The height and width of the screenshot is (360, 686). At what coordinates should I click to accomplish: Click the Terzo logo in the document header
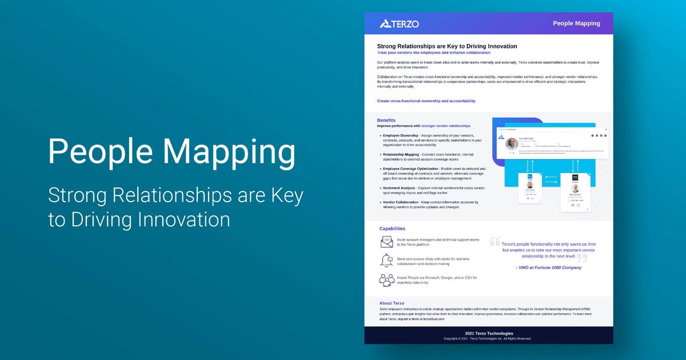tap(399, 23)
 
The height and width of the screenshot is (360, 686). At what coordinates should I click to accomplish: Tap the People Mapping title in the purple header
tap(576, 23)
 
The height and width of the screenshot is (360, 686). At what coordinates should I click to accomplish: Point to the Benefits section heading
tap(386, 120)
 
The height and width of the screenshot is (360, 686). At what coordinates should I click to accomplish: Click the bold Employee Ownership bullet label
tap(401, 135)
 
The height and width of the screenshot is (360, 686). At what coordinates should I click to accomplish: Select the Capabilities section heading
tap(392, 229)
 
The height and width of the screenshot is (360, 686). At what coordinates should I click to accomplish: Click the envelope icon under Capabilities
tap(386, 242)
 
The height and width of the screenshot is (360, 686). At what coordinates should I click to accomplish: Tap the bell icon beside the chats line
tap(386, 261)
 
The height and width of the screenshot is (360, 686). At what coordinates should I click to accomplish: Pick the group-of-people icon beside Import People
tap(386, 279)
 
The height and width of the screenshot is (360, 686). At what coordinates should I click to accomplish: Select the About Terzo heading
tap(392, 303)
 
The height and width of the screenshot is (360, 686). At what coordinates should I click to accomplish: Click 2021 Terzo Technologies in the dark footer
tap(489, 333)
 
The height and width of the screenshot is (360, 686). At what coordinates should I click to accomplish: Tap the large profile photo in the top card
tap(512, 144)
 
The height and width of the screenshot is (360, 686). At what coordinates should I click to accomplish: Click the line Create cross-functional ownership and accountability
tap(426, 101)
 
